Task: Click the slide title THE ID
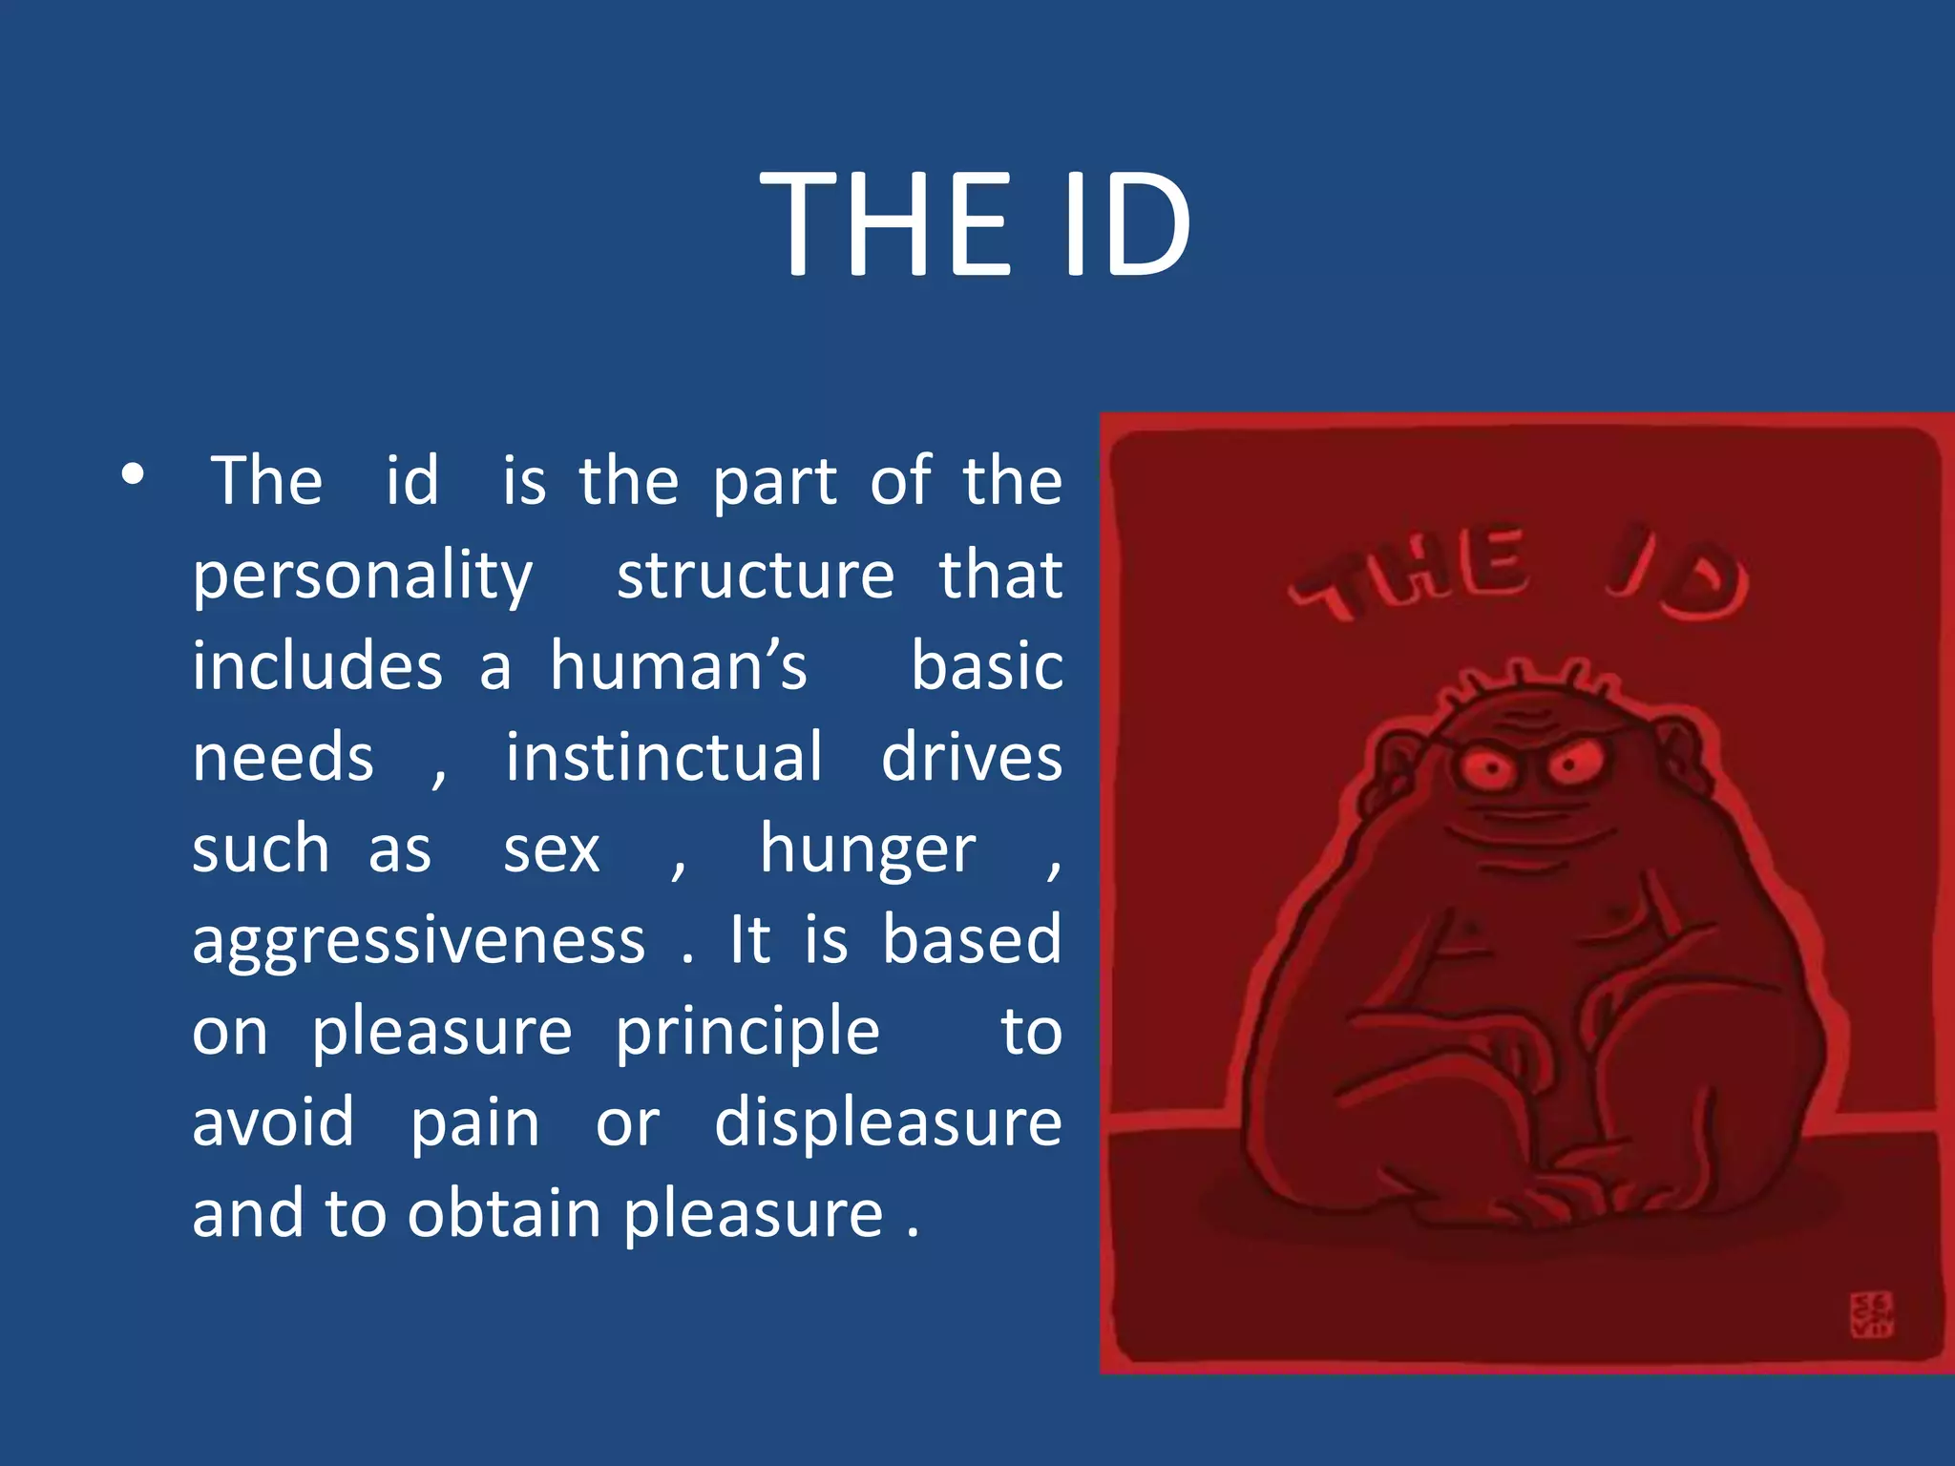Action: pyautogui.click(x=976, y=225)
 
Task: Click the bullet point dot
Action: pyautogui.click(x=133, y=474)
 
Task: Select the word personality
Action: pyautogui.click(x=363, y=576)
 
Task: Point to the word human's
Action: pyautogui.click(x=678, y=666)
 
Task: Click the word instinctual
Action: pyautogui.click(x=663, y=757)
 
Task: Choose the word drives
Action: pyautogui.click(x=971, y=757)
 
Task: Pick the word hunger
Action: pyautogui.click(x=868, y=849)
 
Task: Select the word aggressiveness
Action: pyautogui.click(x=419, y=940)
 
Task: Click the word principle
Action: pyautogui.click(x=746, y=1032)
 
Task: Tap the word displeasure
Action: pyautogui.click(x=888, y=1122)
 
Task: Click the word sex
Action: pyautogui.click(x=552, y=849)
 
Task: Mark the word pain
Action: pyautogui.click(x=474, y=1123)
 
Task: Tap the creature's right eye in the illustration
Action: pyautogui.click(x=1577, y=761)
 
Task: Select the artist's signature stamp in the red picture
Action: pyautogui.click(x=1872, y=1316)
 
